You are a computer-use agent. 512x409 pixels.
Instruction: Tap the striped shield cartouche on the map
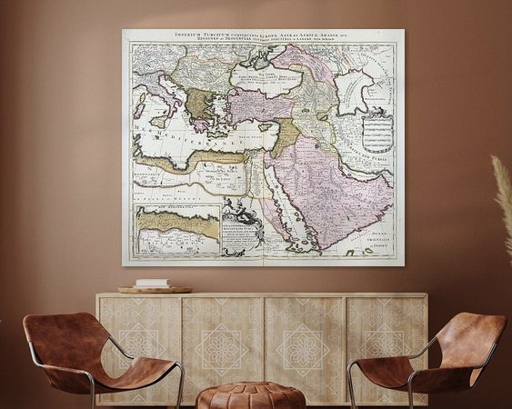pos(376,131)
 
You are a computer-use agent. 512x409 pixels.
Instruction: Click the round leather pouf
pos(251,395)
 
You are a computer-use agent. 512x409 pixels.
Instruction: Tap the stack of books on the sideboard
pos(153,284)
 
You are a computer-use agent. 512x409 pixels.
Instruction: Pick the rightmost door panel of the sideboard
pos(387,341)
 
